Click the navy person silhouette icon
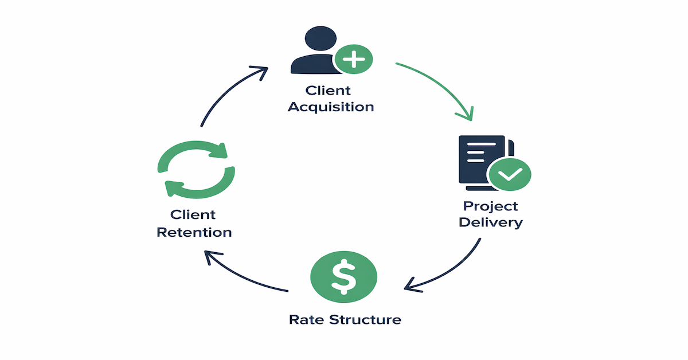(x=313, y=55)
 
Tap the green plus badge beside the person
(x=353, y=58)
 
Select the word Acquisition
(x=331, y=107)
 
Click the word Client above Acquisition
(x=328, y=91)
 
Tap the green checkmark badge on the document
(x=509, y=174)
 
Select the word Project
(x=490, y=206)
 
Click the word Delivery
(x=490, y=222)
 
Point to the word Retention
(x=194, y=232)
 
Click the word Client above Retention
(x=193, y=215)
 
